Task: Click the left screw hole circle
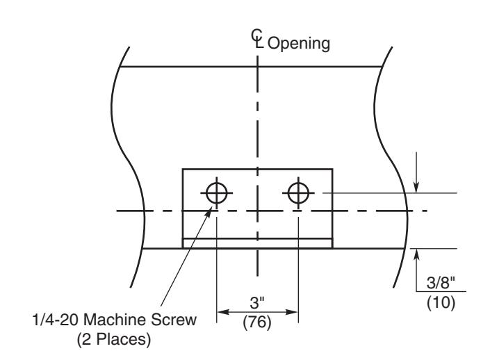[216, 193]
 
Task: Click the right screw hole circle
[298, 193]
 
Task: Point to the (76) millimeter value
[258, 322]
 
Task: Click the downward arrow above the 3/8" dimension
[416, 186]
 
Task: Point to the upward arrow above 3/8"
[416, 254]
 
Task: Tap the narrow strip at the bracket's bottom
[257, 243]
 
